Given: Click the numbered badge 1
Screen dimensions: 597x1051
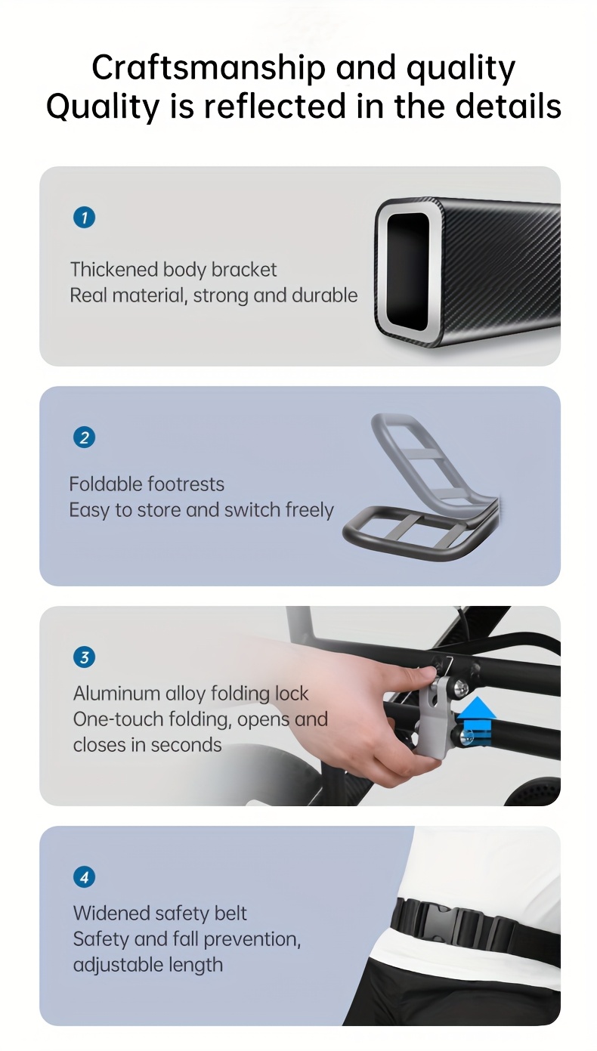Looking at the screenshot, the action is tap(85, 218).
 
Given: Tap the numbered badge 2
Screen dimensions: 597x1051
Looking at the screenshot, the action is tap(85, 437).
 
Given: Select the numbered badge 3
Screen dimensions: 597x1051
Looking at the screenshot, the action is tap(85, 657).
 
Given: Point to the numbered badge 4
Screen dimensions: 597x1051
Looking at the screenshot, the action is tap(85, 877).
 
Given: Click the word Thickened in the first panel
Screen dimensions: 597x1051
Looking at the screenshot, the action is tap(114, 269).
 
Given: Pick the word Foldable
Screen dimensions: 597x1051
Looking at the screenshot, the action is tap(107, 484).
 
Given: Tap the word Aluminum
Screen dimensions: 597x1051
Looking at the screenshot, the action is tap(117, 693).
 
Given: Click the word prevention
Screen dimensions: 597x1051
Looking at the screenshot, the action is tap(252, 939).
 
